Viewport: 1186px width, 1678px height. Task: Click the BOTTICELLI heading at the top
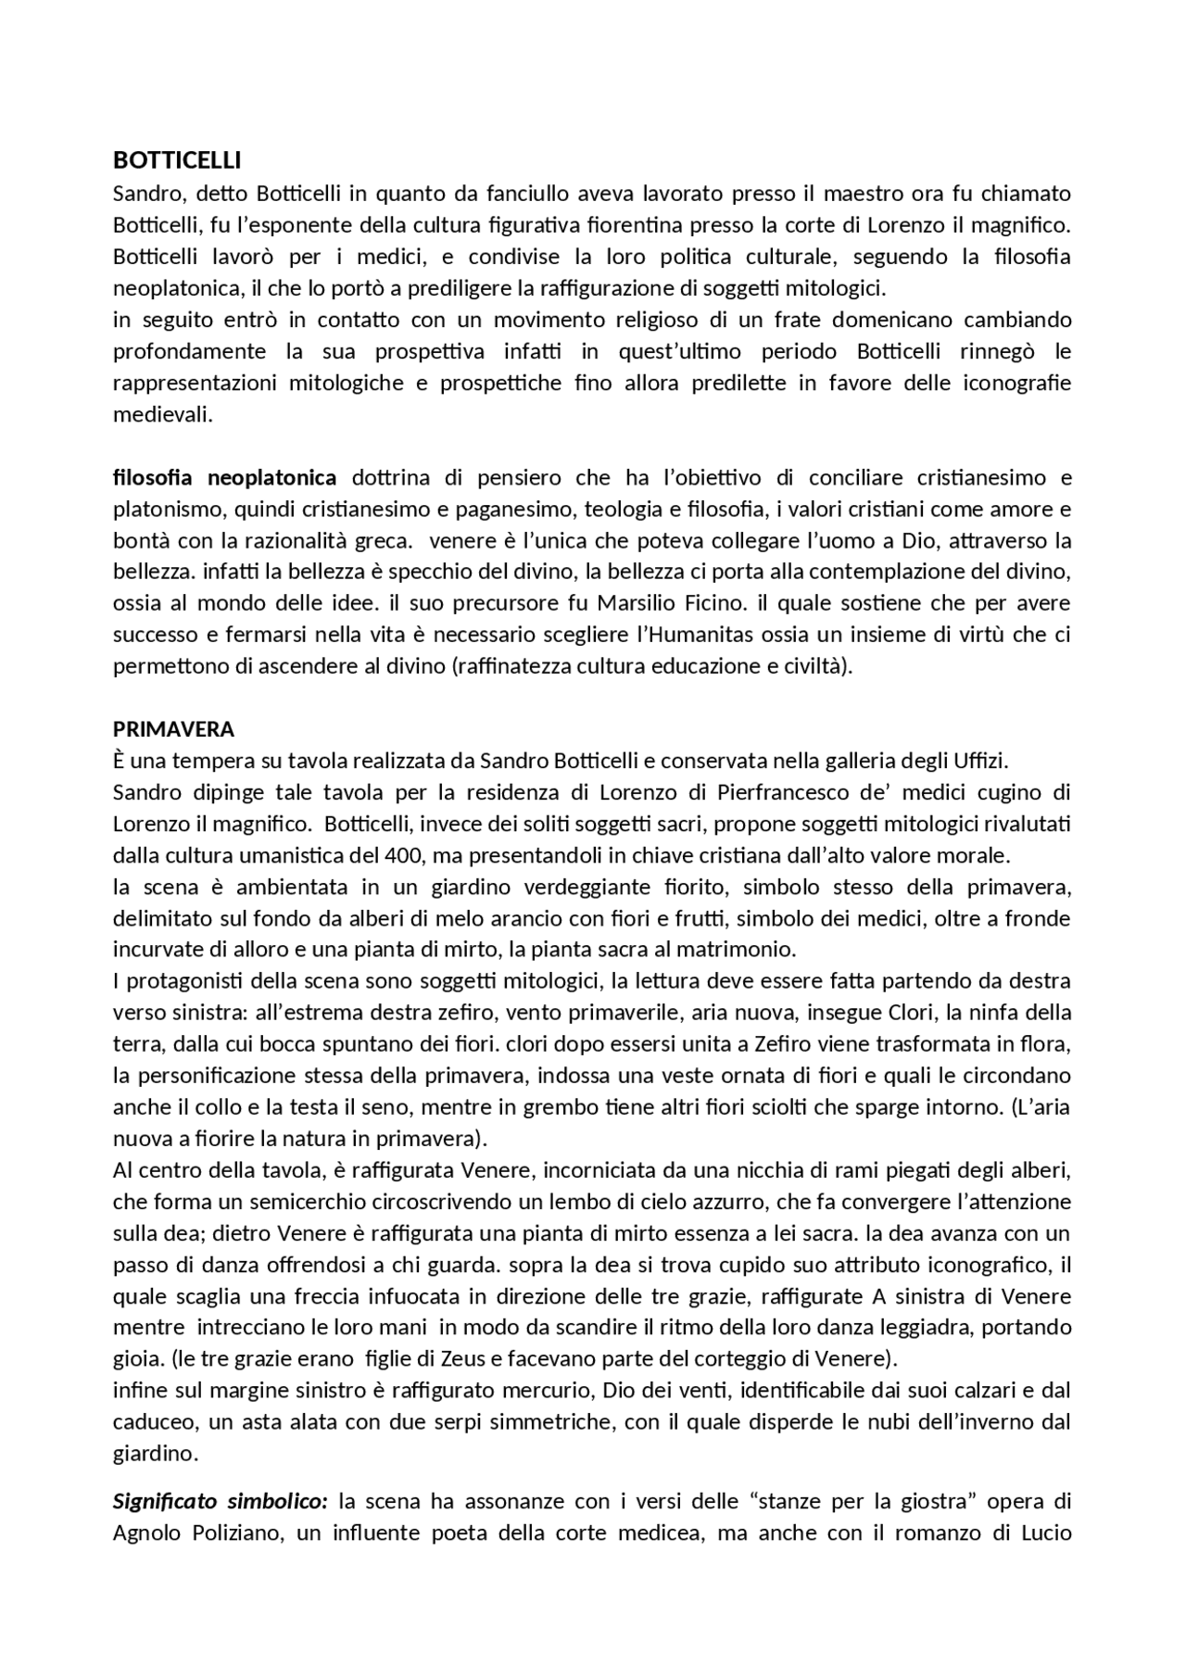point(176,160)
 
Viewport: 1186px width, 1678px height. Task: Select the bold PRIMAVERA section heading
point(173,729)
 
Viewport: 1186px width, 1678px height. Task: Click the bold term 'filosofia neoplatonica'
point(224,478)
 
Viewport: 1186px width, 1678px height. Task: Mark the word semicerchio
point(304,1202)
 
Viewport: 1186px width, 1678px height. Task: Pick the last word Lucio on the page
point(1046,1532)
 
